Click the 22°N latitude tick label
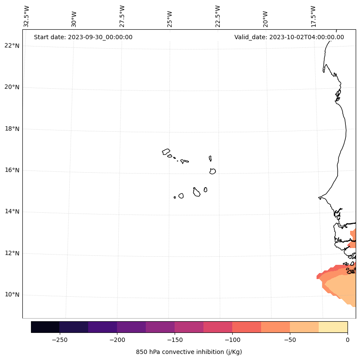12,46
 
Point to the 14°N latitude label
12,211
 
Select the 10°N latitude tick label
12,295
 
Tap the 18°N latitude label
12,129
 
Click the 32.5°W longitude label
27,16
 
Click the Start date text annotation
83,37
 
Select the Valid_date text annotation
289,37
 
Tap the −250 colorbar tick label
59,340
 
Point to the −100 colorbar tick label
232,340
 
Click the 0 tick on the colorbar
348,340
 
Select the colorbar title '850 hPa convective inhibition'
189,352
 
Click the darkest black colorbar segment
45,327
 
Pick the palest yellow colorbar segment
333,327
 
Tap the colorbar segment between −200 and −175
131,327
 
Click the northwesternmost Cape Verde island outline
166,152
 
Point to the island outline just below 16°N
212,171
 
